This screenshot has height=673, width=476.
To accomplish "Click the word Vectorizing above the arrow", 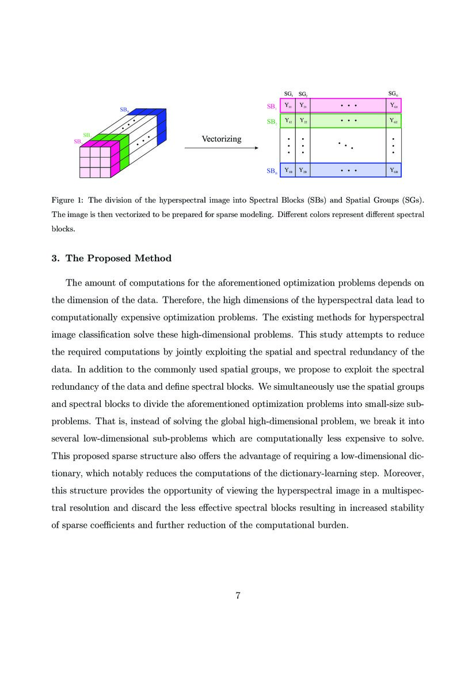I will (222, 139).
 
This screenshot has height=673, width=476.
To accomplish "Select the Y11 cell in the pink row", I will (288, 106).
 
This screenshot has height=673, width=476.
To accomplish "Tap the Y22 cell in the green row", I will (303, 121).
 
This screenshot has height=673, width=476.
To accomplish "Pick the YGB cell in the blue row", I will (394, 170).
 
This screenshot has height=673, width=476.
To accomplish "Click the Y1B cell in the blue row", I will (288, 170).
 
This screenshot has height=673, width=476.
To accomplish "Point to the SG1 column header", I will (288, 93).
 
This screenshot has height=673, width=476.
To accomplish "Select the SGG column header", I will (393, 93).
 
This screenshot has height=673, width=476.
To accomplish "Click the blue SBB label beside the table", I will (271, 171).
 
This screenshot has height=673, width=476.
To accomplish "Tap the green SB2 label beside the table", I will (271, 121).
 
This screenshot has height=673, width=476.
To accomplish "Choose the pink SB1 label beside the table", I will (271, 107).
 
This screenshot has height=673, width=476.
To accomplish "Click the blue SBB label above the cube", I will (124, 109).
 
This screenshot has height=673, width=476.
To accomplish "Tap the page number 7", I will (238, 595).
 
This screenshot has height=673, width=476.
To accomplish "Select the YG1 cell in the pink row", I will (394, 106).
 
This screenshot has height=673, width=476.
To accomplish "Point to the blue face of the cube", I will (161, 124).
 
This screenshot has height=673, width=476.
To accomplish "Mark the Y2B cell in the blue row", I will (303, 170).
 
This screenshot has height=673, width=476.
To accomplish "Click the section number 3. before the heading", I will (55, 258).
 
